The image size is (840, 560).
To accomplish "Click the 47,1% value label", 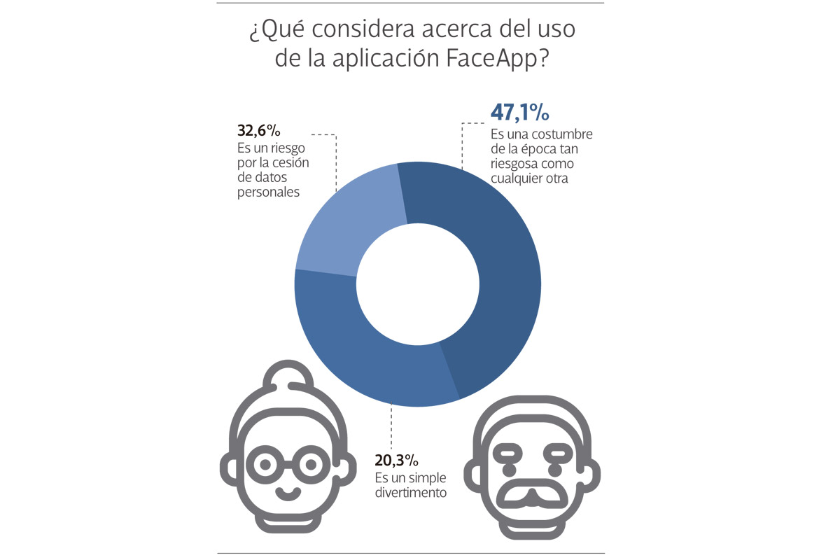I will click(519, 113).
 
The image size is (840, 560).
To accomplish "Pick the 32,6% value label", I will click(259, 131).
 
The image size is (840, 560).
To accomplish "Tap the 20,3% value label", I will click(396, 461).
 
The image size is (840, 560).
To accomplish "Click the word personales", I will click(269, 191).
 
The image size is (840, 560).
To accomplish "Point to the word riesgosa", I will click(516, 163).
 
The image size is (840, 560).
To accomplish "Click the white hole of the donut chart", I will click(417, 284).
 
